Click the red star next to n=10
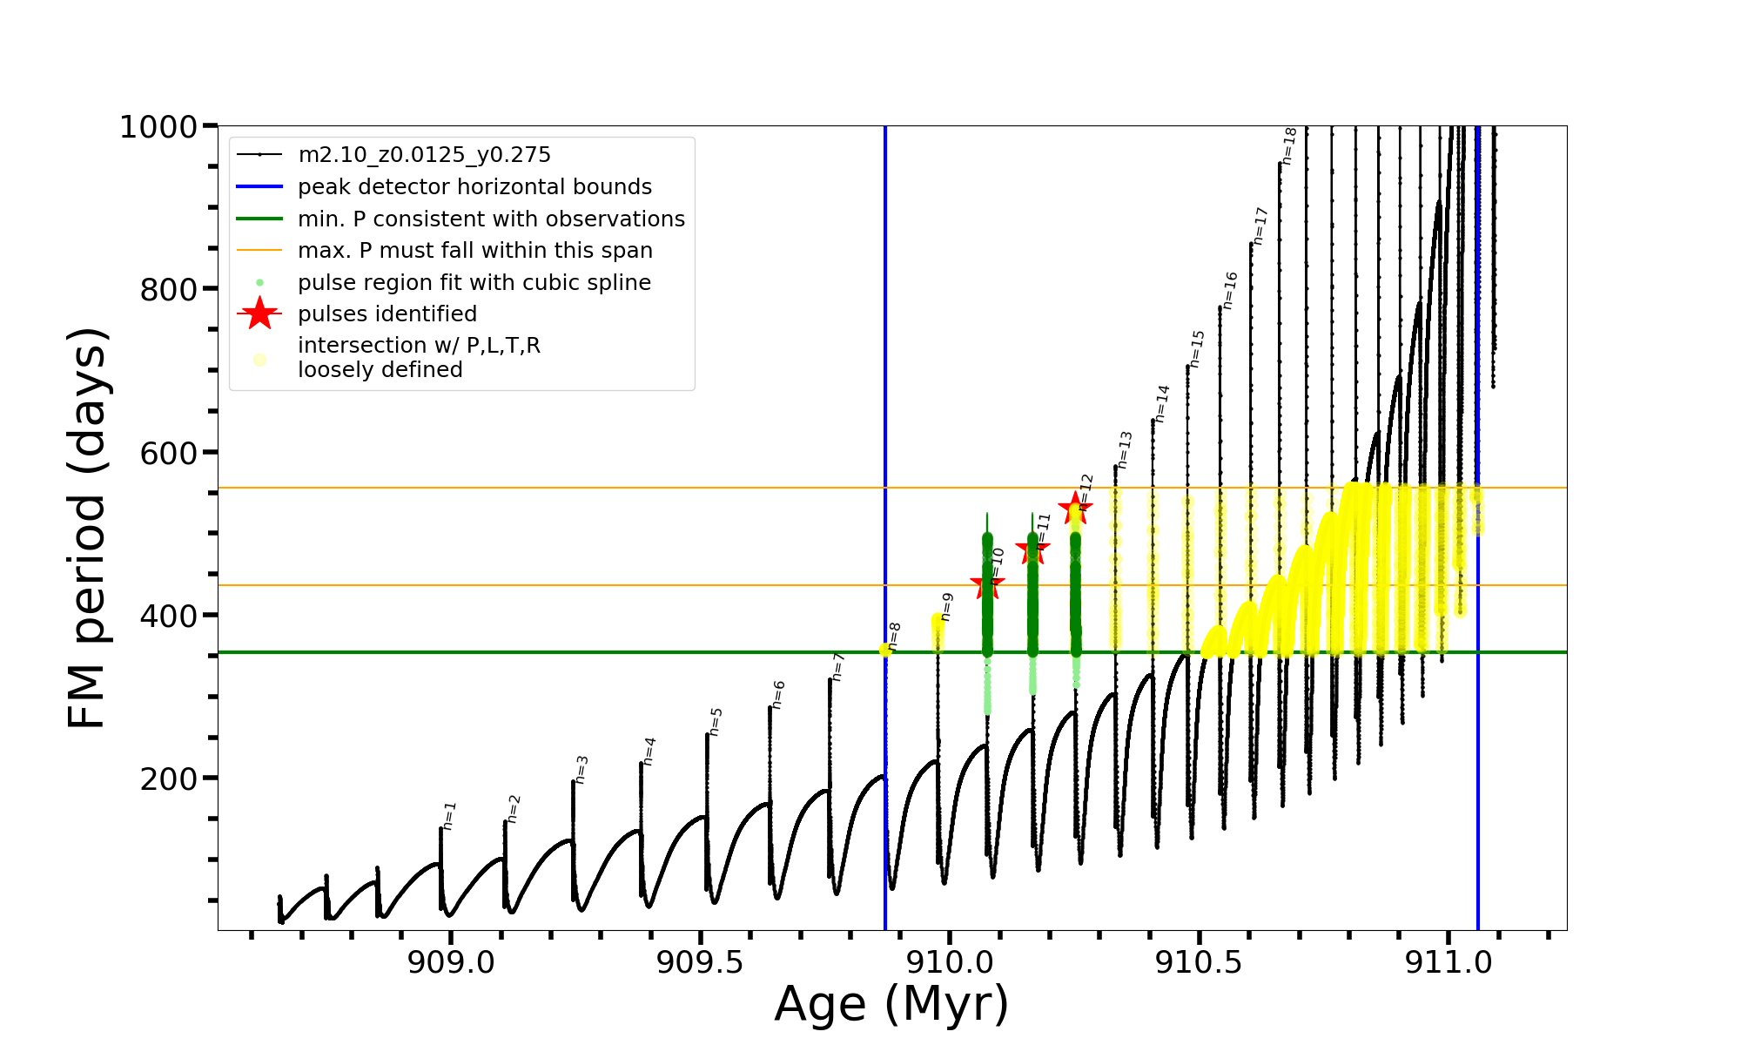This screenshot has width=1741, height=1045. click(x=987, y=584)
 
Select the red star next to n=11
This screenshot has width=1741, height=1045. click(x=1032, y=549)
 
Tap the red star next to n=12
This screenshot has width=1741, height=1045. click(x=1075, y=508)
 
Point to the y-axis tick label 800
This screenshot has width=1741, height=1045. click(x=169, y=289)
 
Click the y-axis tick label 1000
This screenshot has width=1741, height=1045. click(x=158, y=127)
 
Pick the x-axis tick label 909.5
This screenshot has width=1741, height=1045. click(x=700, y=963)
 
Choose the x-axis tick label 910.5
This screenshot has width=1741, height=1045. click(x=1199, y=963)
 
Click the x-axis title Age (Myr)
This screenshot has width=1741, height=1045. click(x=891, y=1004)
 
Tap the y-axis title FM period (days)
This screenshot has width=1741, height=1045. click(x=87, y=528)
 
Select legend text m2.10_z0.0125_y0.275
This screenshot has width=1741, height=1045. click(x=424, y=155)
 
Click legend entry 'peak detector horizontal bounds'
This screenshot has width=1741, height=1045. click(x=474, y=187)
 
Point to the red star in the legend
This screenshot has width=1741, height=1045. click(x=259, y=313)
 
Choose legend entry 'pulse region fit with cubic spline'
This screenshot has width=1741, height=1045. click(x=474, y=283)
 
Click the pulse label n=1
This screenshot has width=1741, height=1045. click(x=449, y=815)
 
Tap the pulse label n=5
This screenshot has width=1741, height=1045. click(x=716, y=721)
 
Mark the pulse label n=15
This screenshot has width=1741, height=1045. click(x=1197, y=348)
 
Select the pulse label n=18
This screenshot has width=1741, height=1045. click(x=1289, y=146)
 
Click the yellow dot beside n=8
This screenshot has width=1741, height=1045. click(x=885, y=650)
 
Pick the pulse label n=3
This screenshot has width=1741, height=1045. click(x=581, y=769)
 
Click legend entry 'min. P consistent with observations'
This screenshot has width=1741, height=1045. click(x=491, y=219)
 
